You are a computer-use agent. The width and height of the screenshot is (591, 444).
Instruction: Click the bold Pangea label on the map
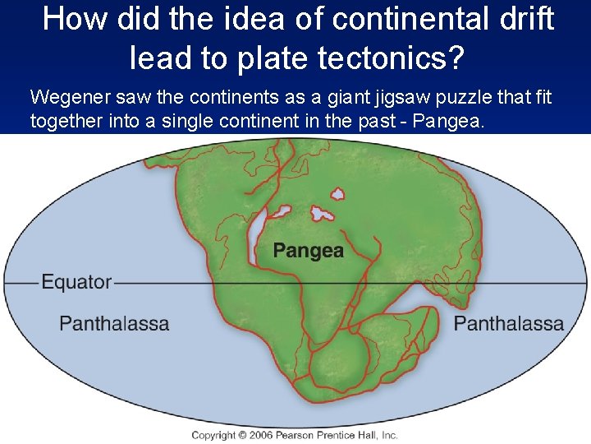pyautogui.click(x=308, y=250)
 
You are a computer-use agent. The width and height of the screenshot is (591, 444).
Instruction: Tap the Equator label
pyautogui.click(x=76, y=282)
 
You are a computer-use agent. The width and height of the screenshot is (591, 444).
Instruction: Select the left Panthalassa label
pyautogui.click(x=114, y=323)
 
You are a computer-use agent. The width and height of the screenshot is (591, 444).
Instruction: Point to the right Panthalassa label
pyautogui.click(x=508, y=323)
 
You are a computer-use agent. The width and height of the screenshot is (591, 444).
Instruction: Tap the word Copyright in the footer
pyautogui.click(x=213, y=434)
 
